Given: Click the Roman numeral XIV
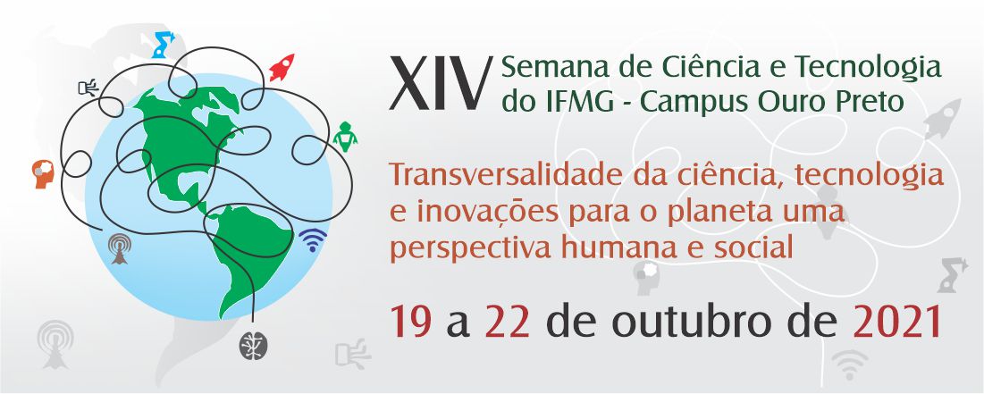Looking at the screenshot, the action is coord(439,83).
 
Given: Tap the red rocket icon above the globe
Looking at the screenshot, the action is coord(282,68).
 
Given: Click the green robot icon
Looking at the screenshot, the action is coord(345,136).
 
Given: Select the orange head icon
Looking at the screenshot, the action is coord(43,174).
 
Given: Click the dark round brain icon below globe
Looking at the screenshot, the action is coord(254,346).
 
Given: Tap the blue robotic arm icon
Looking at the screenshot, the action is coord(163,45).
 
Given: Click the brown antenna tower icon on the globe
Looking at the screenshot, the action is coord(119,248).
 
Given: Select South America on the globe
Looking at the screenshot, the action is coord(248,251).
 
